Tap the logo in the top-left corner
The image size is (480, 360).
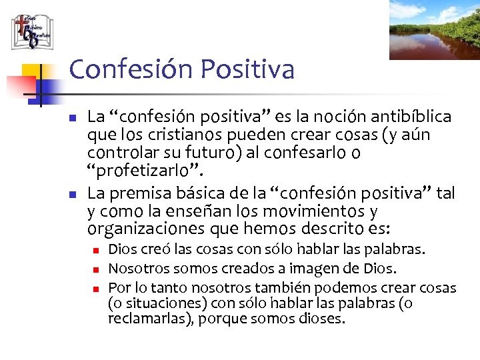31,31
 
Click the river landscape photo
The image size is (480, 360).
434,30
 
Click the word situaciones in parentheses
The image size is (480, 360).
151,303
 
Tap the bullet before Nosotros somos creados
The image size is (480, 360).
96,269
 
